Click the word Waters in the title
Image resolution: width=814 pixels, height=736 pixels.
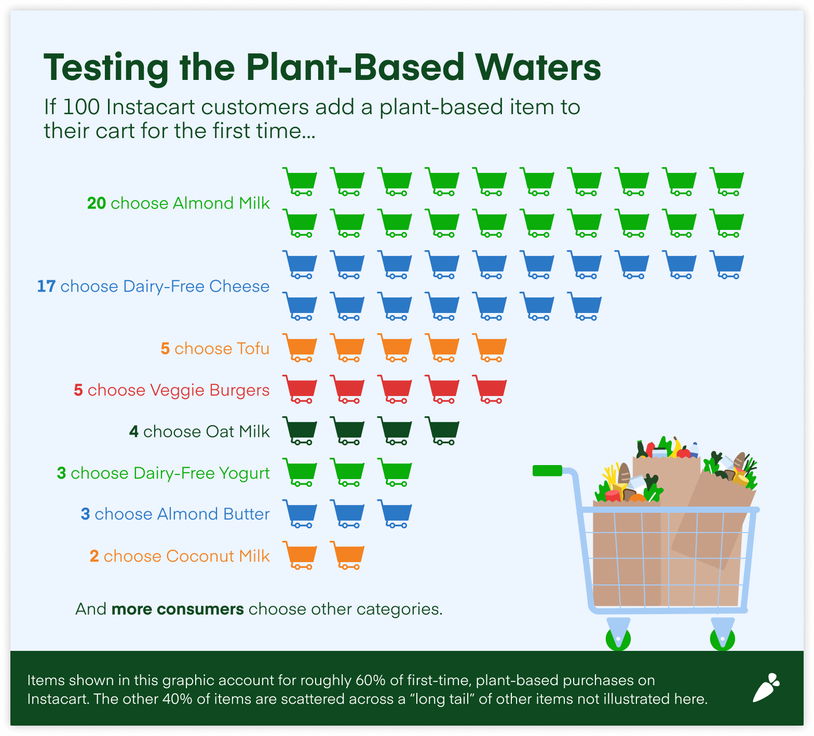[538, 67]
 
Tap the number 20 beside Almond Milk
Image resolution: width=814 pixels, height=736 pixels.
[97, 203]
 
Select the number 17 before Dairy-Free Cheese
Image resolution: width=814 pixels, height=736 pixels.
[46, 286]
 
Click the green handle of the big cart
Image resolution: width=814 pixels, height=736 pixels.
[547, 471]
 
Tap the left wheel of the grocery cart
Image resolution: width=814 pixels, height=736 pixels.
[618, 639]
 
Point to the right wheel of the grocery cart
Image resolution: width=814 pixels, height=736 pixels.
[722, 639]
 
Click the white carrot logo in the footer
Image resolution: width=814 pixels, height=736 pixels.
[766, 688]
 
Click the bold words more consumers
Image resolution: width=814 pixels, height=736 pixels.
[178, 609]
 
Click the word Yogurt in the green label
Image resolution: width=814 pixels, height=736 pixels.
[244, 473]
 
